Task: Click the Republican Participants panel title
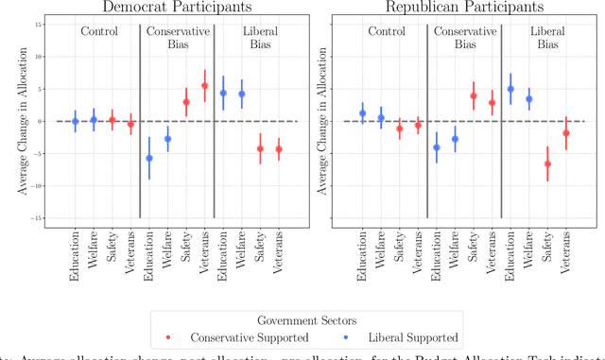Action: point(465,7)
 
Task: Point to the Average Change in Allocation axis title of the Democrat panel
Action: point(21,121)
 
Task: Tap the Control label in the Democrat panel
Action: point(99,31)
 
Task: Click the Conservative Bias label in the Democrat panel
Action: point(177,38)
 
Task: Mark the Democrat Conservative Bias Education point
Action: point(149,158)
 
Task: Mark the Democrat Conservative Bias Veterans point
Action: point(204,86)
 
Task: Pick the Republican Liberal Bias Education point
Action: point(510,89)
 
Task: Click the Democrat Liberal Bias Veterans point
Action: point(278,148)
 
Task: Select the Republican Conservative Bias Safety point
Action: point(474,95)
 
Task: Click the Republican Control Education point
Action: point(363,113)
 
